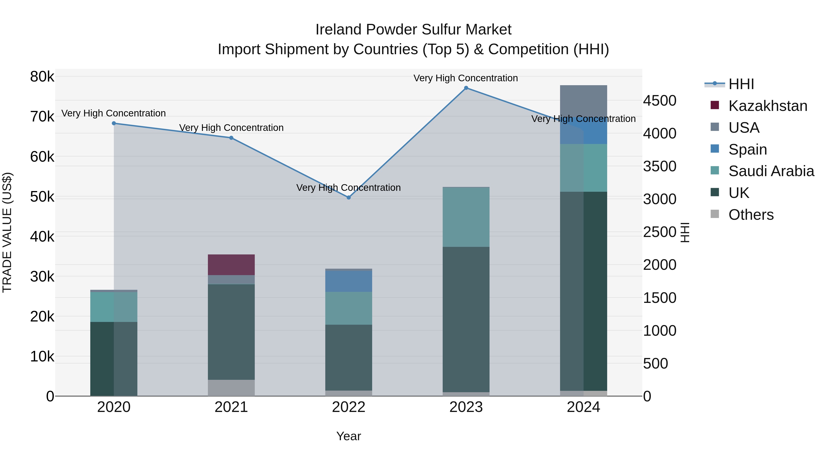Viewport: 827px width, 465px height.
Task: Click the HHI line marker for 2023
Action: (x=466, y=88)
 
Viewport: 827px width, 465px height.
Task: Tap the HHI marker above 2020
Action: (x=114, y=123)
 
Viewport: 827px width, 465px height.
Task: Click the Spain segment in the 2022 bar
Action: (x=349, y=281)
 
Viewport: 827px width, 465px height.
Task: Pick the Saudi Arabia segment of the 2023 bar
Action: (x=466, y=217)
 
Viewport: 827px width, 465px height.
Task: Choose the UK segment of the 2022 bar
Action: (x=349, y=358)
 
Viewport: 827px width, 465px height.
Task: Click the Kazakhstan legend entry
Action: (x=768, y=106)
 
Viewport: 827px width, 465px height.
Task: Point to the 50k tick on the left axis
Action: (x=42, y=197)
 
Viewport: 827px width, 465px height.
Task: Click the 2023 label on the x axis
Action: (x=466, y=407)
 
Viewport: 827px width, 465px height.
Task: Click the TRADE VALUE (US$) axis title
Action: (x=7, y=232)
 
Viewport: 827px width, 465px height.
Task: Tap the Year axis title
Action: (x=349, y=436)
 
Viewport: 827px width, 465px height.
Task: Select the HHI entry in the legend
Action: (x=741, y=84)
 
